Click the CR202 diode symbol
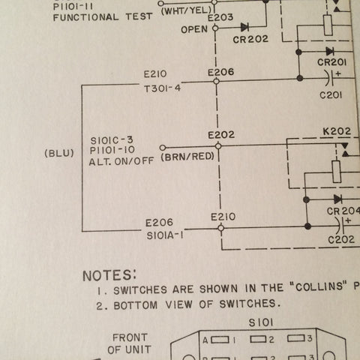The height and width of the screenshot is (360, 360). (x=244, y=27)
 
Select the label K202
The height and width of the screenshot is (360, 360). (x=337, y=131)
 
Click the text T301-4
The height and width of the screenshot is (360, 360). (x=162, y=88)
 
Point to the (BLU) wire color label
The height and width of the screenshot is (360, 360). (x=59, y=153)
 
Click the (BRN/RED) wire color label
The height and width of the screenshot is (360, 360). (x=187, y=157)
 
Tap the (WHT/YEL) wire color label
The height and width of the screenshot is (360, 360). (x=187, y=10)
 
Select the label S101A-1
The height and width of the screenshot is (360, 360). (x=165, y=235)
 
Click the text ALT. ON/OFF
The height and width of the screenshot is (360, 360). (x=121, y=161)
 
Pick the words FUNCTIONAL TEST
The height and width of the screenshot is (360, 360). (x=103, y=17)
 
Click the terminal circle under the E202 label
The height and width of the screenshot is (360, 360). (x=218, y=146)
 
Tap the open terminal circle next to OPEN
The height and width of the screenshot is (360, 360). (x=215, y=28)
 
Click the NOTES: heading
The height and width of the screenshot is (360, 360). (x=109, y=275)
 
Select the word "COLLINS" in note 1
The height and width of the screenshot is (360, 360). (x=319, y=286)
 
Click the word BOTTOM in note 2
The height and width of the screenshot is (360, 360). (x=136, y=305)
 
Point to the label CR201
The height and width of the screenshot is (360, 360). (x=331, y=62)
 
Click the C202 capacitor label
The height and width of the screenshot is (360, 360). (x=341, y=240)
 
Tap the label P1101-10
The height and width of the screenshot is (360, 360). (x=112, y=151)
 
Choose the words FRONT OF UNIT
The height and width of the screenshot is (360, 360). (x=130, y=343)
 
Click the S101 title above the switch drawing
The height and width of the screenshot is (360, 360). (x=261, y=322)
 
